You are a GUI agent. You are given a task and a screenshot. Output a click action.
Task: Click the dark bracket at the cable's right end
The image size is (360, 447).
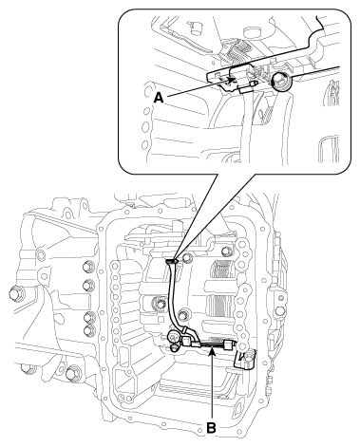point(243,360)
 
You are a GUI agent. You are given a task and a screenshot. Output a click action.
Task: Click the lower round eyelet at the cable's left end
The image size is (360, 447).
point(174,348)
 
